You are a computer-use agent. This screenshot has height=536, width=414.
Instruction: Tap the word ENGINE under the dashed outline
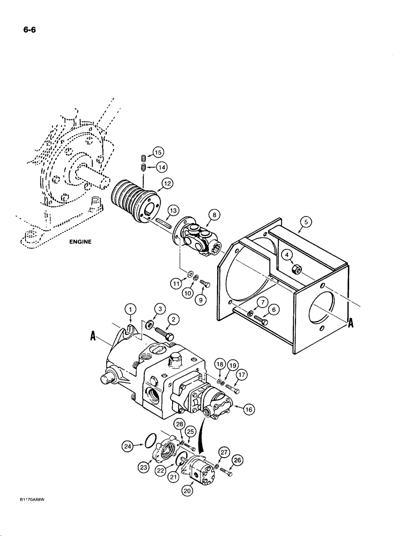coord(80,242)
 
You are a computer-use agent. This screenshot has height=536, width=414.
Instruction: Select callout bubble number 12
coord(167,184)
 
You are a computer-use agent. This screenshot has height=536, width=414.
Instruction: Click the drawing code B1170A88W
coord(24,513)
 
